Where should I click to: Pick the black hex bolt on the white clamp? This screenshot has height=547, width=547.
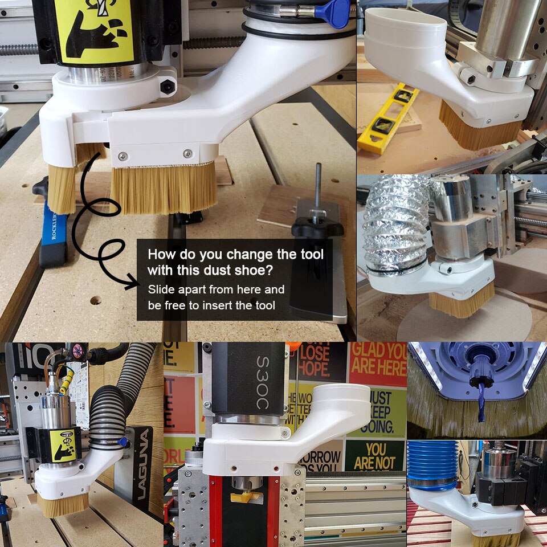[x=167, y=87]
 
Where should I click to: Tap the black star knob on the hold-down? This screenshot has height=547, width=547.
[x=317, y=228]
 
